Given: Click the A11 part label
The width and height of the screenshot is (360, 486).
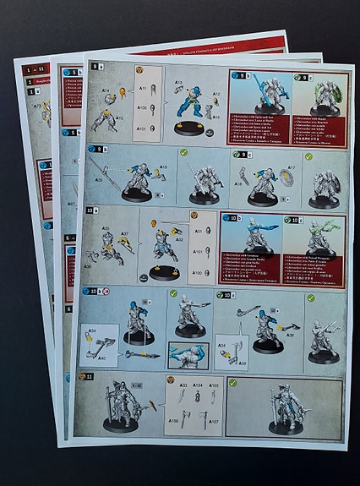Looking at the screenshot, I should [144, 87].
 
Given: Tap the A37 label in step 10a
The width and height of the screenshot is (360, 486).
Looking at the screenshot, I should [123, 234].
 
